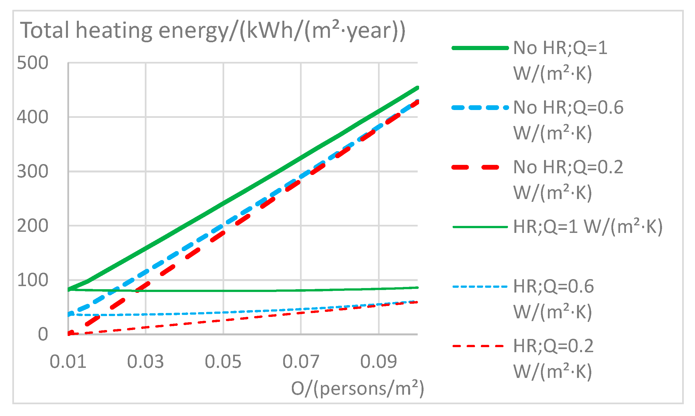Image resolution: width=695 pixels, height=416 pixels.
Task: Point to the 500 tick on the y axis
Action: click(32, 63)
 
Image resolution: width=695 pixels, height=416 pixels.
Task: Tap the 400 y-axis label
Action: click(32, 117)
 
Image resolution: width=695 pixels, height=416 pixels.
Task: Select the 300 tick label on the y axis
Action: click(32, 172)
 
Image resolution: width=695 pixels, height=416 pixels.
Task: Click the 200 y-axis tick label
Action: click(32, 226)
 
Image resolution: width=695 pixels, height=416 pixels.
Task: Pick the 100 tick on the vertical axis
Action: click(32, 280)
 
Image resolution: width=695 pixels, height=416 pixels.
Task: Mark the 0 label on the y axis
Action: click(43, 335)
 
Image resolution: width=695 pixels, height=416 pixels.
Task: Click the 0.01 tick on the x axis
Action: click(68, 362)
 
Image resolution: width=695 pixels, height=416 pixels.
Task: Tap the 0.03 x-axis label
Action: click(146, 362)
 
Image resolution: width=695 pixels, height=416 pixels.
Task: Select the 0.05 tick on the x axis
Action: click(223, 362)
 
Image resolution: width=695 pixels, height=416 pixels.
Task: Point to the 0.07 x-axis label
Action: click(301, 362)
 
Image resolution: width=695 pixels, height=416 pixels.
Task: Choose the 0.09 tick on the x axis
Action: click(379, 362)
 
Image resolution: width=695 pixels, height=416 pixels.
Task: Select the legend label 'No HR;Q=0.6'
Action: click(568, 108)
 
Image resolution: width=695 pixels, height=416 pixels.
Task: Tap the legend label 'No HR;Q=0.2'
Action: click(568, 167)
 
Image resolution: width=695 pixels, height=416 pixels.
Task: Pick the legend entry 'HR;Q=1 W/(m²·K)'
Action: click(588, 227)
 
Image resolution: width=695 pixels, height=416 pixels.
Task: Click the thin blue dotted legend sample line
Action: click(480, 287)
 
